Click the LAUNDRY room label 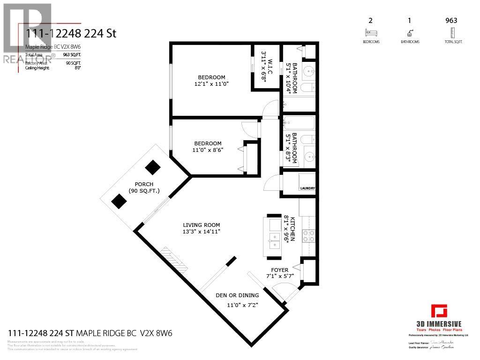click(307, 188)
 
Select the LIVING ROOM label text click(202, 225)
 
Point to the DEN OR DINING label click(237, 295)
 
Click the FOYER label click(280, 270)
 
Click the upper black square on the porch click(152, 167)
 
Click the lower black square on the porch click(119, 202)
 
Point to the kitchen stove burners click(308, 235)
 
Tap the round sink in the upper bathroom click(308, 72)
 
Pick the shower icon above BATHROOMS click(411, 33)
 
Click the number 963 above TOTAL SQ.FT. click(451, 20)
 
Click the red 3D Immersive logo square click(439, 311)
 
